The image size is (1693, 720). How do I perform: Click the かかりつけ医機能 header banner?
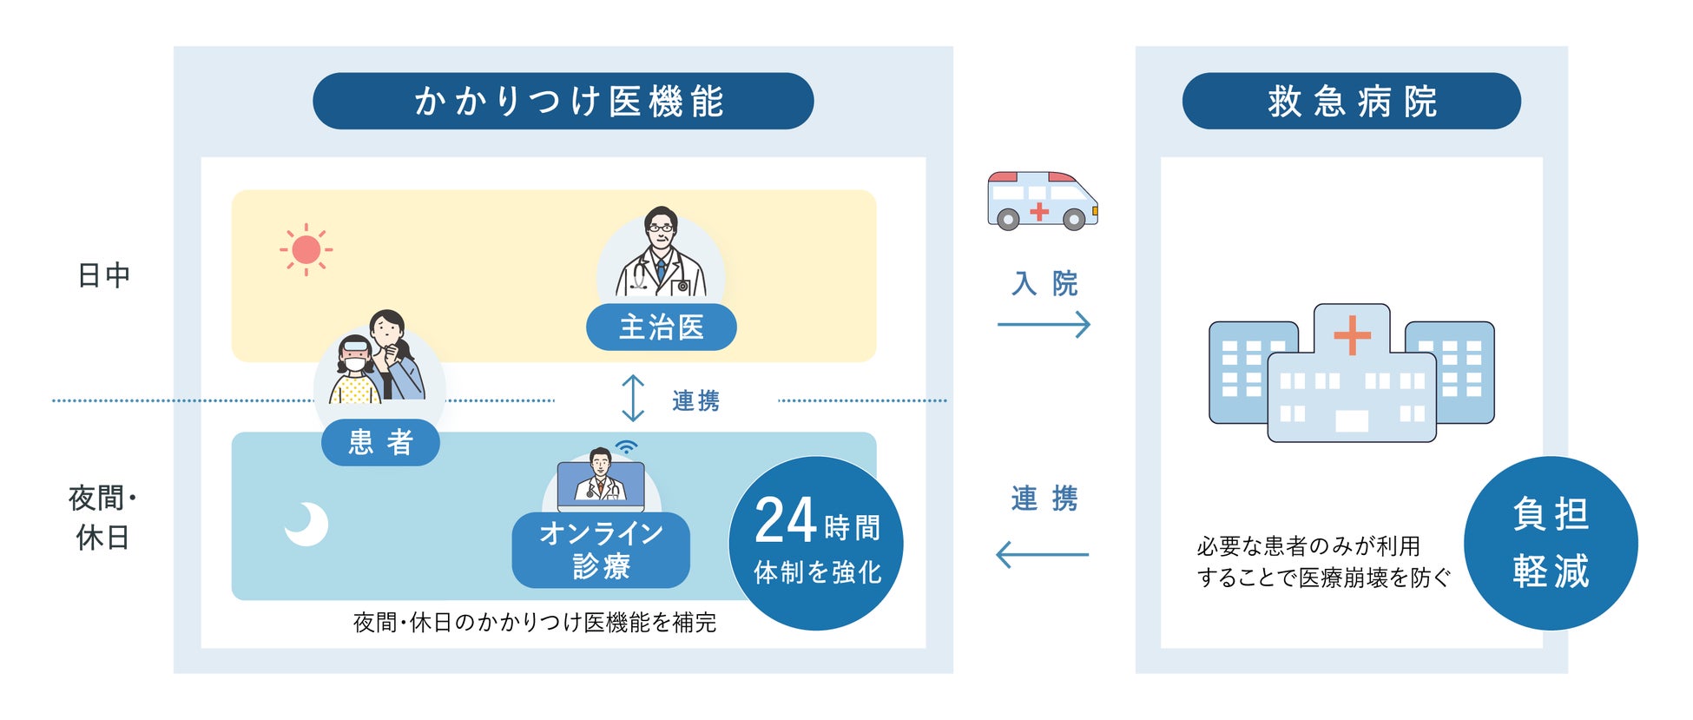(563, 101)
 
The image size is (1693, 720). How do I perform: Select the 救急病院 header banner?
(1351, 101)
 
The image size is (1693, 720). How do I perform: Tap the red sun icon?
(306, 250)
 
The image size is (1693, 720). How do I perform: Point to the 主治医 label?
(661, 327)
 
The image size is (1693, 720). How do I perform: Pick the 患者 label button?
(380, 442)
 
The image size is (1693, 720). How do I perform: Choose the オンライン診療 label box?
(601, 550)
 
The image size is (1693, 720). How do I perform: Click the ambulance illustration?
(1042, 201)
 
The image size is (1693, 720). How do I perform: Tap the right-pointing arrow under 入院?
(1044, 325)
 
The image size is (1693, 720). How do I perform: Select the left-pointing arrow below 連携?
(1042, 554)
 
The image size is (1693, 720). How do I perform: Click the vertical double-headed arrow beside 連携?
(633, 399)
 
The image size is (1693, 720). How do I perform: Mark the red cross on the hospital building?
(1352, 335)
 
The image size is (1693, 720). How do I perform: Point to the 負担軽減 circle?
(1551, 543)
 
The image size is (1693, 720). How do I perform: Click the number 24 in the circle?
(785, 520)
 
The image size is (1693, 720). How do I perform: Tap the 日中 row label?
(103, 275)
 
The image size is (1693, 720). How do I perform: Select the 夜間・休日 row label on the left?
(102, 518)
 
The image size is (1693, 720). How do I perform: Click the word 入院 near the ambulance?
(1044, 283)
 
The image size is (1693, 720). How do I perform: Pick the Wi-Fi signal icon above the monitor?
(626, 447)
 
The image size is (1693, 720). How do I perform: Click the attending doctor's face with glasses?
(661, 228)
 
